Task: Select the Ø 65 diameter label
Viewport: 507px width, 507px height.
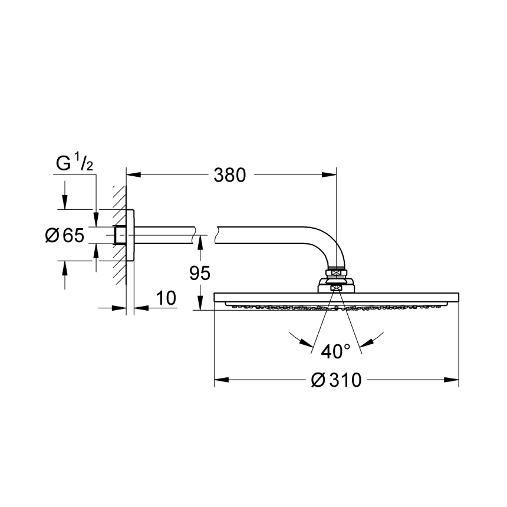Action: coord(65,236)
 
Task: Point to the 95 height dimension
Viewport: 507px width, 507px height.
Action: coord(200,272)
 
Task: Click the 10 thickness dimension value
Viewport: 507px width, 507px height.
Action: coord(166,298)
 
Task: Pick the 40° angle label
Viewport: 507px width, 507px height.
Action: coord(335,351)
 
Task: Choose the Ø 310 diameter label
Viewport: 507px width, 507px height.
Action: coord(336,380)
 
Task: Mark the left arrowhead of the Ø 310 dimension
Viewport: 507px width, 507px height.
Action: coord(219,380)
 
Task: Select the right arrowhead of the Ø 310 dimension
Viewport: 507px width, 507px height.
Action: coord(453,380)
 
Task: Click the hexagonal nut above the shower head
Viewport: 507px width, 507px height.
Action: coord(336,272)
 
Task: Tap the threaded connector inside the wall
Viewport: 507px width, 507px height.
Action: coord(120,235)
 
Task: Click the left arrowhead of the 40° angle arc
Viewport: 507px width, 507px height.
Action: coord(304,343)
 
